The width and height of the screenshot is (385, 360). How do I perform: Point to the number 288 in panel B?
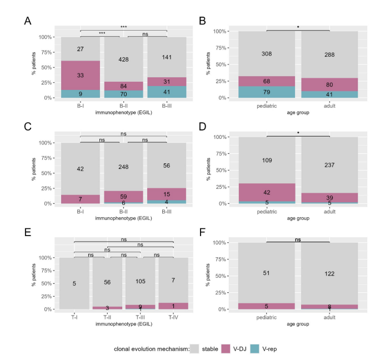[329, 54]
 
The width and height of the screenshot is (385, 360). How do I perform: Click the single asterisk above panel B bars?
[298, 27]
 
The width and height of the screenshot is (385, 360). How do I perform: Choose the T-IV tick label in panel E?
[174, 317]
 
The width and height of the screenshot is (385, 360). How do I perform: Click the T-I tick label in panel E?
[74, 317]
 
